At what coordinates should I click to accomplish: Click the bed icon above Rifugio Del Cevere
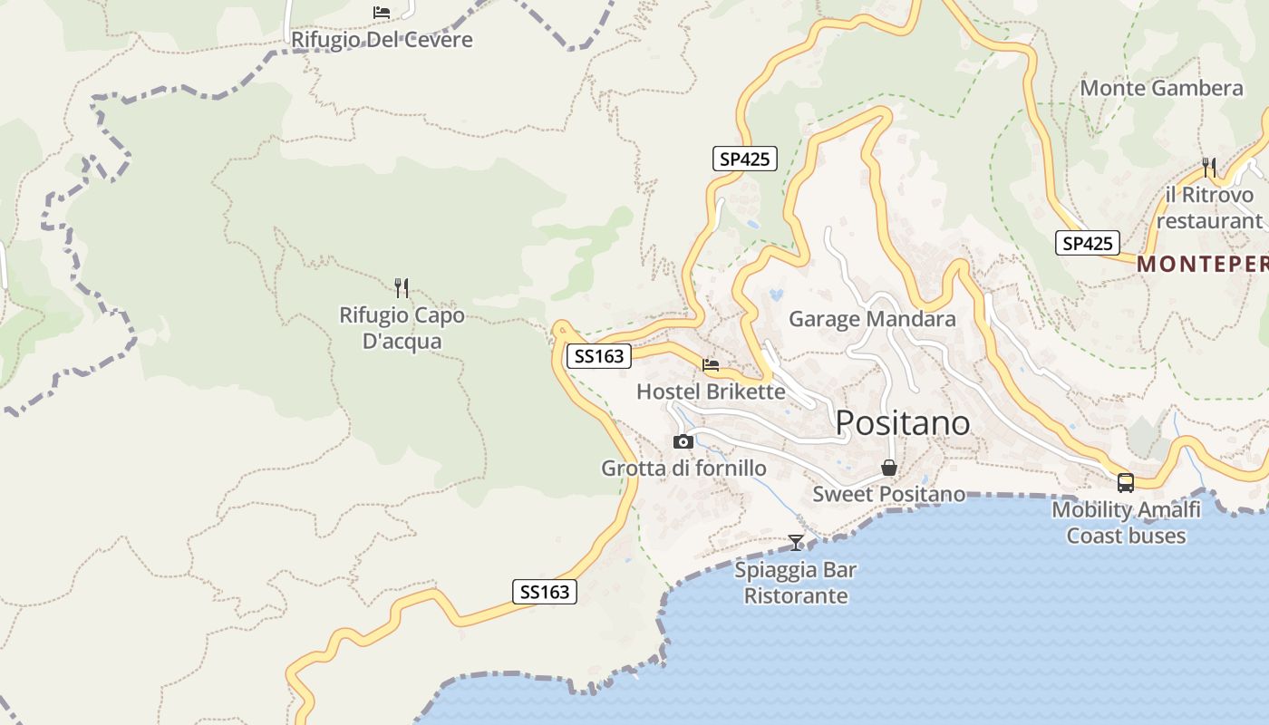coord(382,12)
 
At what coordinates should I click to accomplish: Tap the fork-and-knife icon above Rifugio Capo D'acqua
coord(402,288)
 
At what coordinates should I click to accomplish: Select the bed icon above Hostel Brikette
coord(711,365)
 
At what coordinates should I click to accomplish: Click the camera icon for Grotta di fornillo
coord(683,441)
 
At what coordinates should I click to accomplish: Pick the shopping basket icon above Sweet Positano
coord(889,468)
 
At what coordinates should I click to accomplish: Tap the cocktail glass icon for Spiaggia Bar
coord(796,542)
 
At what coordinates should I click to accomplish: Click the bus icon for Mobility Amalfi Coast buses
coord(1126,483)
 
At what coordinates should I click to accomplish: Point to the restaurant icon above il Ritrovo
coord(1209,167)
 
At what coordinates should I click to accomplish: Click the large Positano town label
coord(902,423)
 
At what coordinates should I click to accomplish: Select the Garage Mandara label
coord(872,319)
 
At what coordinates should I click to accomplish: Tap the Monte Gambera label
coord(1161,88)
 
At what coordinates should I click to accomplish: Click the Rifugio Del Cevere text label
coord(382,40)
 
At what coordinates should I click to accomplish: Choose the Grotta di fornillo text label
coord(683,469)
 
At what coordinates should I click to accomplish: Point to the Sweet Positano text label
coord(888,494)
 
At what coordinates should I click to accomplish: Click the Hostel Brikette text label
coord(711,391)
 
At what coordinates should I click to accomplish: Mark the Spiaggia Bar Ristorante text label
coord(796,583)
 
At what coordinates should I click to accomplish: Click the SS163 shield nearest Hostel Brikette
coord(598,356)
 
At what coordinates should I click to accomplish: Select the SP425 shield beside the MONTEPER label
coord(1087,243)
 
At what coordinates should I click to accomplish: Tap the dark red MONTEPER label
coord(1202,264)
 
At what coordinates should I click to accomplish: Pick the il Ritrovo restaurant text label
coord(1209,208)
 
